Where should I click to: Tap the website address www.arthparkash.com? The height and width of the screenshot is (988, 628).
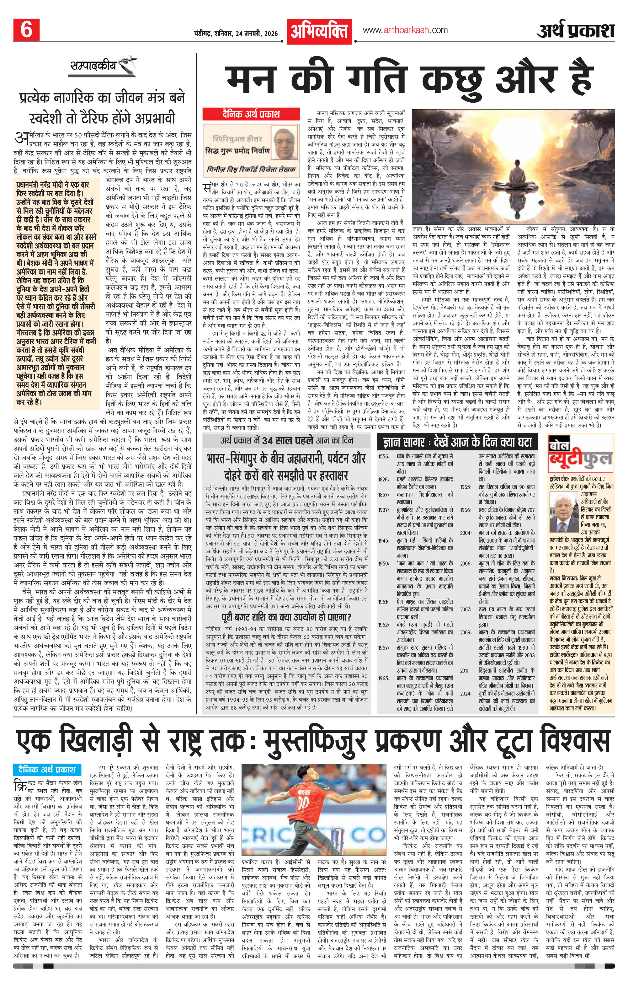coord(405,30)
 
